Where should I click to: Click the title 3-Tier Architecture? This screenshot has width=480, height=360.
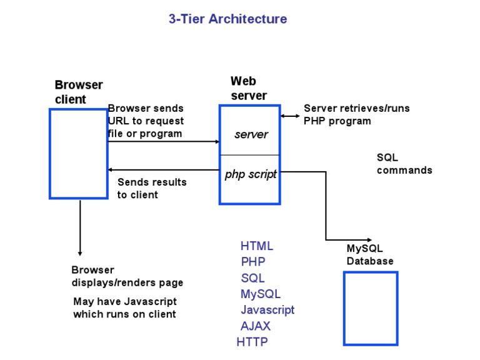pos(227,19)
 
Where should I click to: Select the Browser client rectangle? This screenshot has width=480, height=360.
pos(79,154)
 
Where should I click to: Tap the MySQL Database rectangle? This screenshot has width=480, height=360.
pos(371,308)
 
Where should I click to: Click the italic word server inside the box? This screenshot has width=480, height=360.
pos(251,134)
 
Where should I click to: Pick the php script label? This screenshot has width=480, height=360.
pos(251,174)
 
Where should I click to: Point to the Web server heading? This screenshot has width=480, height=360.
pos(248,88)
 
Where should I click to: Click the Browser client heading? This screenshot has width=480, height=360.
pos(79,92)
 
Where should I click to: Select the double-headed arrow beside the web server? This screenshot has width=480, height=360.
pos(290,116)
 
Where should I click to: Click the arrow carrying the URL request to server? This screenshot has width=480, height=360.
pos(163,142)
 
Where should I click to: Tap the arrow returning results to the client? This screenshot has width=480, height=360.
pos(163,169)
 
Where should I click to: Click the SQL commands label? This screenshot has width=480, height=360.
pos(404,164)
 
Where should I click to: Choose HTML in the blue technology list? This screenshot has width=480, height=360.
pos(257,246)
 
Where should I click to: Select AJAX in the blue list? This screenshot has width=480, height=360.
pos(256,326)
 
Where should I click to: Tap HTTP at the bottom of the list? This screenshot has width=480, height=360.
pos(252,342)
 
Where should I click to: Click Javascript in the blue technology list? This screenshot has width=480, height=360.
pos(267,310)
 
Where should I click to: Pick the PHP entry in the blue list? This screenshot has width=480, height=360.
pos(253,262)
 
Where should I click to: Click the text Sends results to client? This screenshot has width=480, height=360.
pos(152,188)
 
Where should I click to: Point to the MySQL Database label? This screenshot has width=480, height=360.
pos(370,255)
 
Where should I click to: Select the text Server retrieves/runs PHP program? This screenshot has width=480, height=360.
pos(356,114)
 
